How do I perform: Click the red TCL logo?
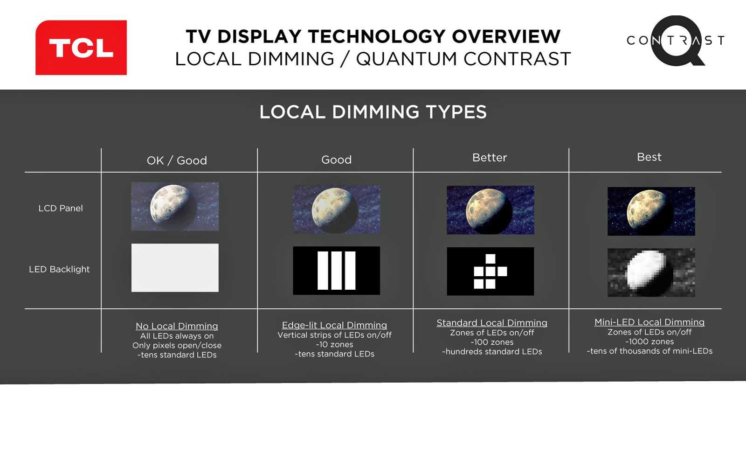coord(81,47)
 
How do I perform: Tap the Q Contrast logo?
coord(676,41)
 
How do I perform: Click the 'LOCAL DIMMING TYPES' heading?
coord(373,112)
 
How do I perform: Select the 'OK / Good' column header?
coord(177,160)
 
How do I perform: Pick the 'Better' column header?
coord(490,157)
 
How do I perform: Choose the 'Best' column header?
coord(649,157)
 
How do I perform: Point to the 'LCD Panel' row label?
coord(61,209)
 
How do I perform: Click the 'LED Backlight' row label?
coord(59,269)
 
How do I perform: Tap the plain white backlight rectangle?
coord(175,268)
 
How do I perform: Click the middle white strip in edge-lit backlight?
coord(336,270)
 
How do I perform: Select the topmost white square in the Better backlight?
coord(490,259)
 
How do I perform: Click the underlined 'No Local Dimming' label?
coord(177,326)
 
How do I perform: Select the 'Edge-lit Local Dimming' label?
coord(334,325)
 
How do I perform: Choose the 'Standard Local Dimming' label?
coord(492,323)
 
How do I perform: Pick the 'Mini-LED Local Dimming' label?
coord(649,322)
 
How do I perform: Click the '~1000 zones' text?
coord(649,341)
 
